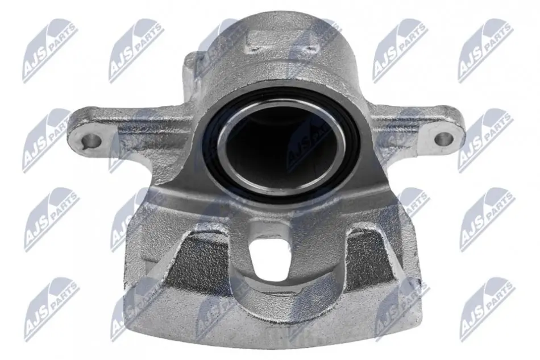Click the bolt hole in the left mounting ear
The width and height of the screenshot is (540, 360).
pos(92,141)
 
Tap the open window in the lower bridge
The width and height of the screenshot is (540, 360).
pos(268,255)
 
